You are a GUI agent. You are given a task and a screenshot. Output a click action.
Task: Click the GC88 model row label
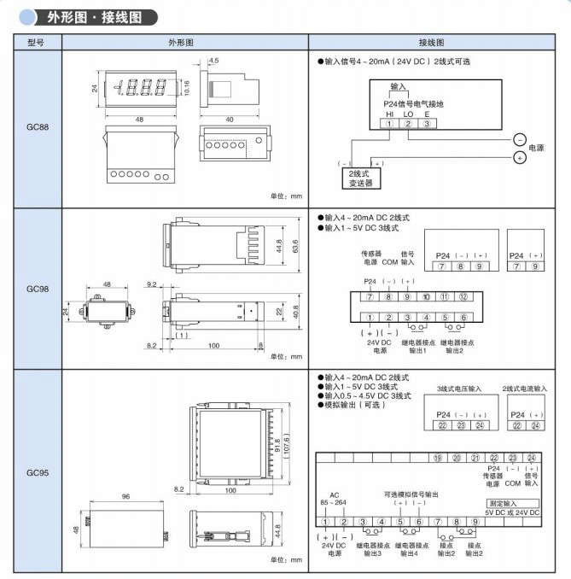[x=37, y=127]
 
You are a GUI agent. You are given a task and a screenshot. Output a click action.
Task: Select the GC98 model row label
[x=37, y=289]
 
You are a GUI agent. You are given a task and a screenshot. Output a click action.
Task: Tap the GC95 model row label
[x=37, y=471]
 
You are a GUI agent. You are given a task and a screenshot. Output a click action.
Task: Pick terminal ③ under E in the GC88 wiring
[x=427, y=123]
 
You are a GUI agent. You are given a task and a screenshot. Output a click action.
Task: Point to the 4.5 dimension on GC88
[x=213, y=61]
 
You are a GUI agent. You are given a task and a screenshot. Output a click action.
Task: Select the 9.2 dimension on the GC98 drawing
[x=152, y=283]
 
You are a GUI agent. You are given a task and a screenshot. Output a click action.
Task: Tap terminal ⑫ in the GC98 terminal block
[x=462, y=296]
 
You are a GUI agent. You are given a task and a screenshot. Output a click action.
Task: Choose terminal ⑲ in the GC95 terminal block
[x=437, y=458]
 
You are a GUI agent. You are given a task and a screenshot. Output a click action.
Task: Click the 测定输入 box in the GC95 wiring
[x=512, y=504]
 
